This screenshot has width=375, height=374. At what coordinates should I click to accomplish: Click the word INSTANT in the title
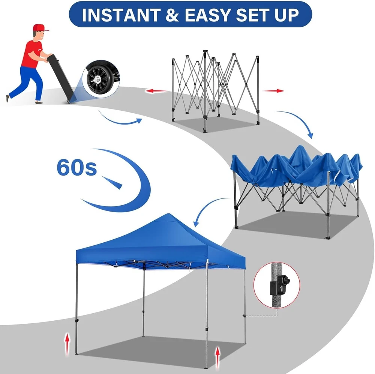pos(121,15)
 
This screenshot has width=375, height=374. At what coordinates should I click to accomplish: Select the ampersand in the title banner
pos(172,15)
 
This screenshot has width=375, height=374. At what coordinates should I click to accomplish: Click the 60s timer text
pos(77,167)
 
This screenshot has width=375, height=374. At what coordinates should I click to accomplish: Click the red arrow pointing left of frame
pos(156,91)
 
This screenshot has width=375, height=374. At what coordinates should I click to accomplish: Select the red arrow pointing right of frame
pos(274,91)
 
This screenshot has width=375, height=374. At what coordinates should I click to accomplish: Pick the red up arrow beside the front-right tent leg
pos(217,358)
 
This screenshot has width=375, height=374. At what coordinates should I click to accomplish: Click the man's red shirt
pos(31,54)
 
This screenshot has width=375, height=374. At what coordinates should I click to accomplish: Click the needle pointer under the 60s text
pos(112,182)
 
